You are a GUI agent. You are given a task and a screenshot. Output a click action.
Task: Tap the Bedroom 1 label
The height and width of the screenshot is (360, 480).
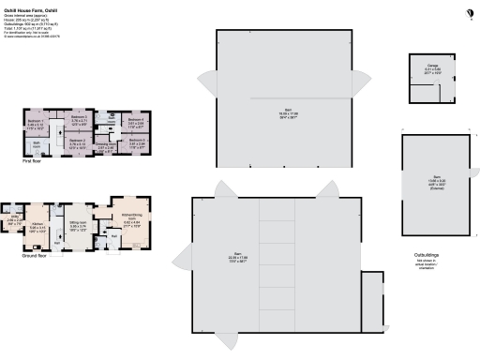tap(37, 123)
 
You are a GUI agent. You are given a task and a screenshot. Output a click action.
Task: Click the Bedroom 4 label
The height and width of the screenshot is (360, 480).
tap(134, 120)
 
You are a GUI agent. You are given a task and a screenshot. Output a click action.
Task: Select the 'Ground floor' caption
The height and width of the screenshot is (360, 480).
tap(37, 253)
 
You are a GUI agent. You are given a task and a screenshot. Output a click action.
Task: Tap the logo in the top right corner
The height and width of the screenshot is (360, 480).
tap(470, 10)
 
